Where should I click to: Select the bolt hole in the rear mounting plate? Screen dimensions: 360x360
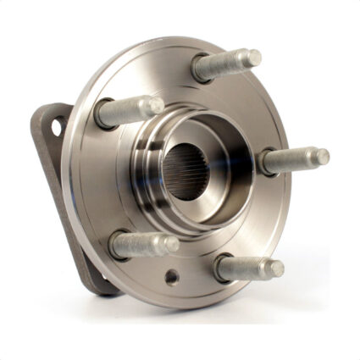(x=56, y=127)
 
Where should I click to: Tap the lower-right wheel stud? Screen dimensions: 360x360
(x=247, y=269)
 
